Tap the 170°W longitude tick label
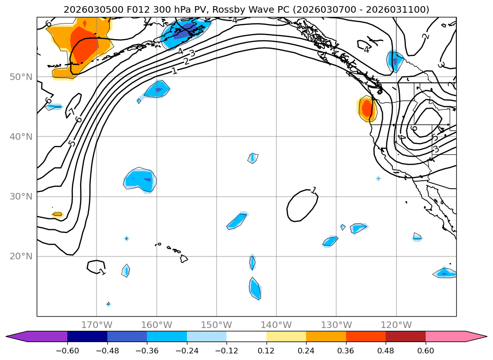(97, 325)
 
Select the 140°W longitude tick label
(276, 325)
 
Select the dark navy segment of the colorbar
(87, 336)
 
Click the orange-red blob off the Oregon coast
(367, 108)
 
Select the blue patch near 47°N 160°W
(157, 89)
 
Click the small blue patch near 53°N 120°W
(394, 61)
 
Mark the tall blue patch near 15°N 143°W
(255, 288)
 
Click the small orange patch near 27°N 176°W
(57, 214)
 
